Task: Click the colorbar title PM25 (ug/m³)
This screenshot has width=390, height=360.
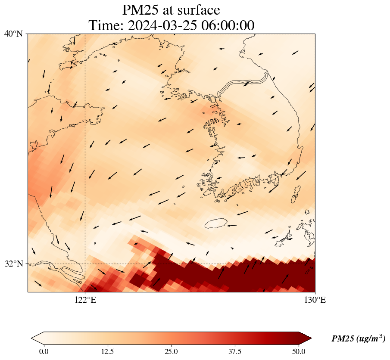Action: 358,339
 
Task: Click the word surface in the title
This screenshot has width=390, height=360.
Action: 196,10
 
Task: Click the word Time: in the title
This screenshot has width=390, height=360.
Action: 106,25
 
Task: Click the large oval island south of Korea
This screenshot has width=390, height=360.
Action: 216,223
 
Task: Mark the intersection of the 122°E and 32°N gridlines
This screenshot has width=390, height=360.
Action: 85,264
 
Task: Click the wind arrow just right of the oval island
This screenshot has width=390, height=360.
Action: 232,225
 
